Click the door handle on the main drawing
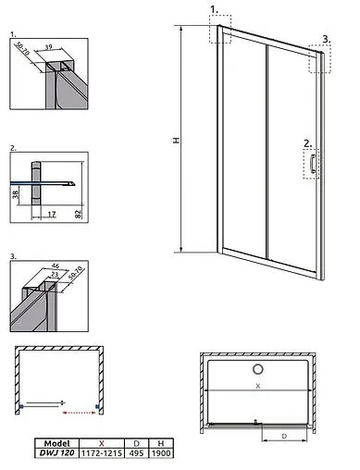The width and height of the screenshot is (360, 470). coord(315,164)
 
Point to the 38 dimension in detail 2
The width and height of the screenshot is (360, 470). coord(18,196)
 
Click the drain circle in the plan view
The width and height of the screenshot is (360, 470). coord(257,371)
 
